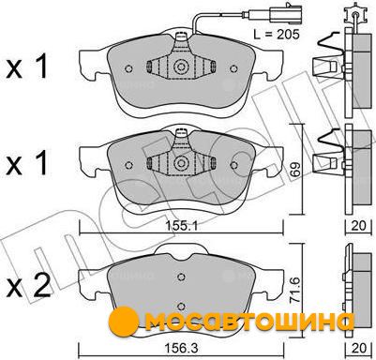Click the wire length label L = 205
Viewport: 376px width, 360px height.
click(x=277, y=34)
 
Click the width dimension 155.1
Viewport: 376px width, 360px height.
click(x=181, y=226)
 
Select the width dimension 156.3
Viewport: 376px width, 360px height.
click(x=181, y=347)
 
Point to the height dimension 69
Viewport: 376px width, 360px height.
click(x=296, y=169)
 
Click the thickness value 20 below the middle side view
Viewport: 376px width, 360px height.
click(x=358, y=226)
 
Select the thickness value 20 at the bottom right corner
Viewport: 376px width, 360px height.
click(x=358, y=347)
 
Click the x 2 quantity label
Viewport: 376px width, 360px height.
click(x=28, y=285)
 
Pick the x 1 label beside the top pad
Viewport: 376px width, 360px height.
click(x=27, y=67)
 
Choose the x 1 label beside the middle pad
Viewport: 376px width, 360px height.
click(x=27, y=162)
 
